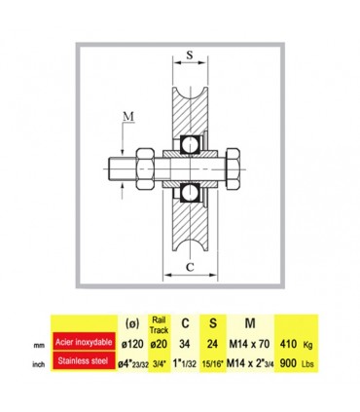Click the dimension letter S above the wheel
190,55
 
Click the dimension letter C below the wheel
190,267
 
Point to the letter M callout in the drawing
128,116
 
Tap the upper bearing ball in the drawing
190,143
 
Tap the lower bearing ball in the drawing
190,193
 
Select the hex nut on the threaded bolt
145,169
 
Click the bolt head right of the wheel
233,169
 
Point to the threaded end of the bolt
122,169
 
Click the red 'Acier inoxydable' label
84,342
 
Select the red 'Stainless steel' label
84,360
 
